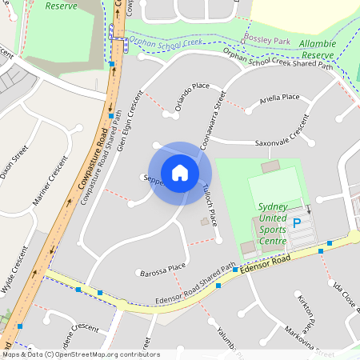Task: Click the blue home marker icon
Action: (x=180, y=172)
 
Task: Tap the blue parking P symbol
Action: (x=298, y=223)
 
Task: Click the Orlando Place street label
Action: (x=192, y=96)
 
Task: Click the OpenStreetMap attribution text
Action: (x=80, y=354)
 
